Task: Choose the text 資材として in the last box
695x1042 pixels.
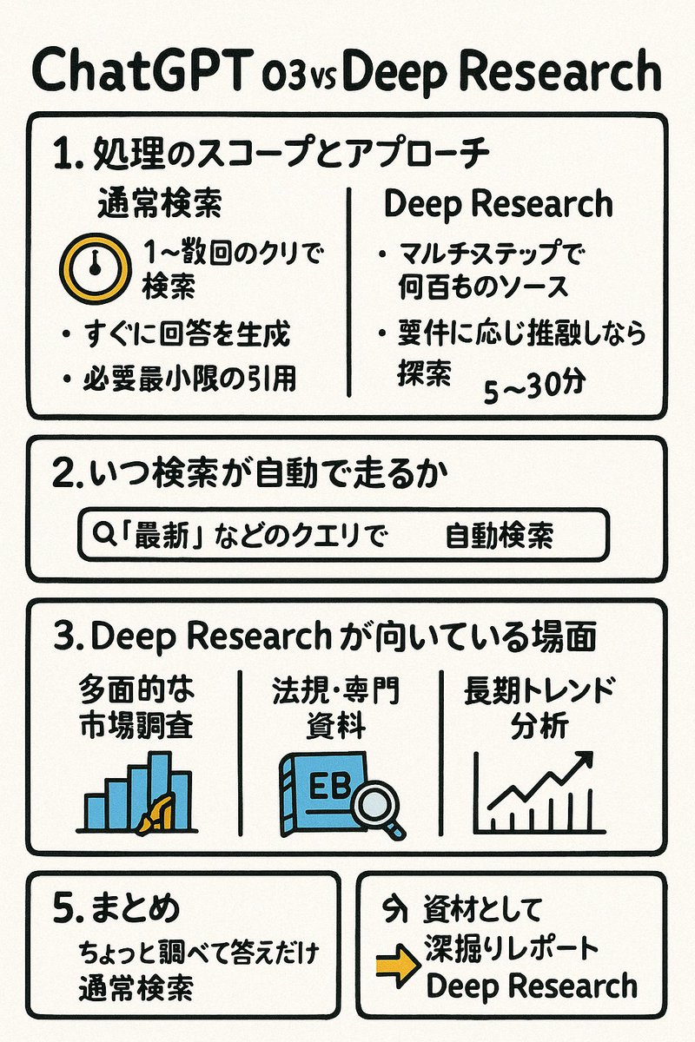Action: [483, 909]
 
